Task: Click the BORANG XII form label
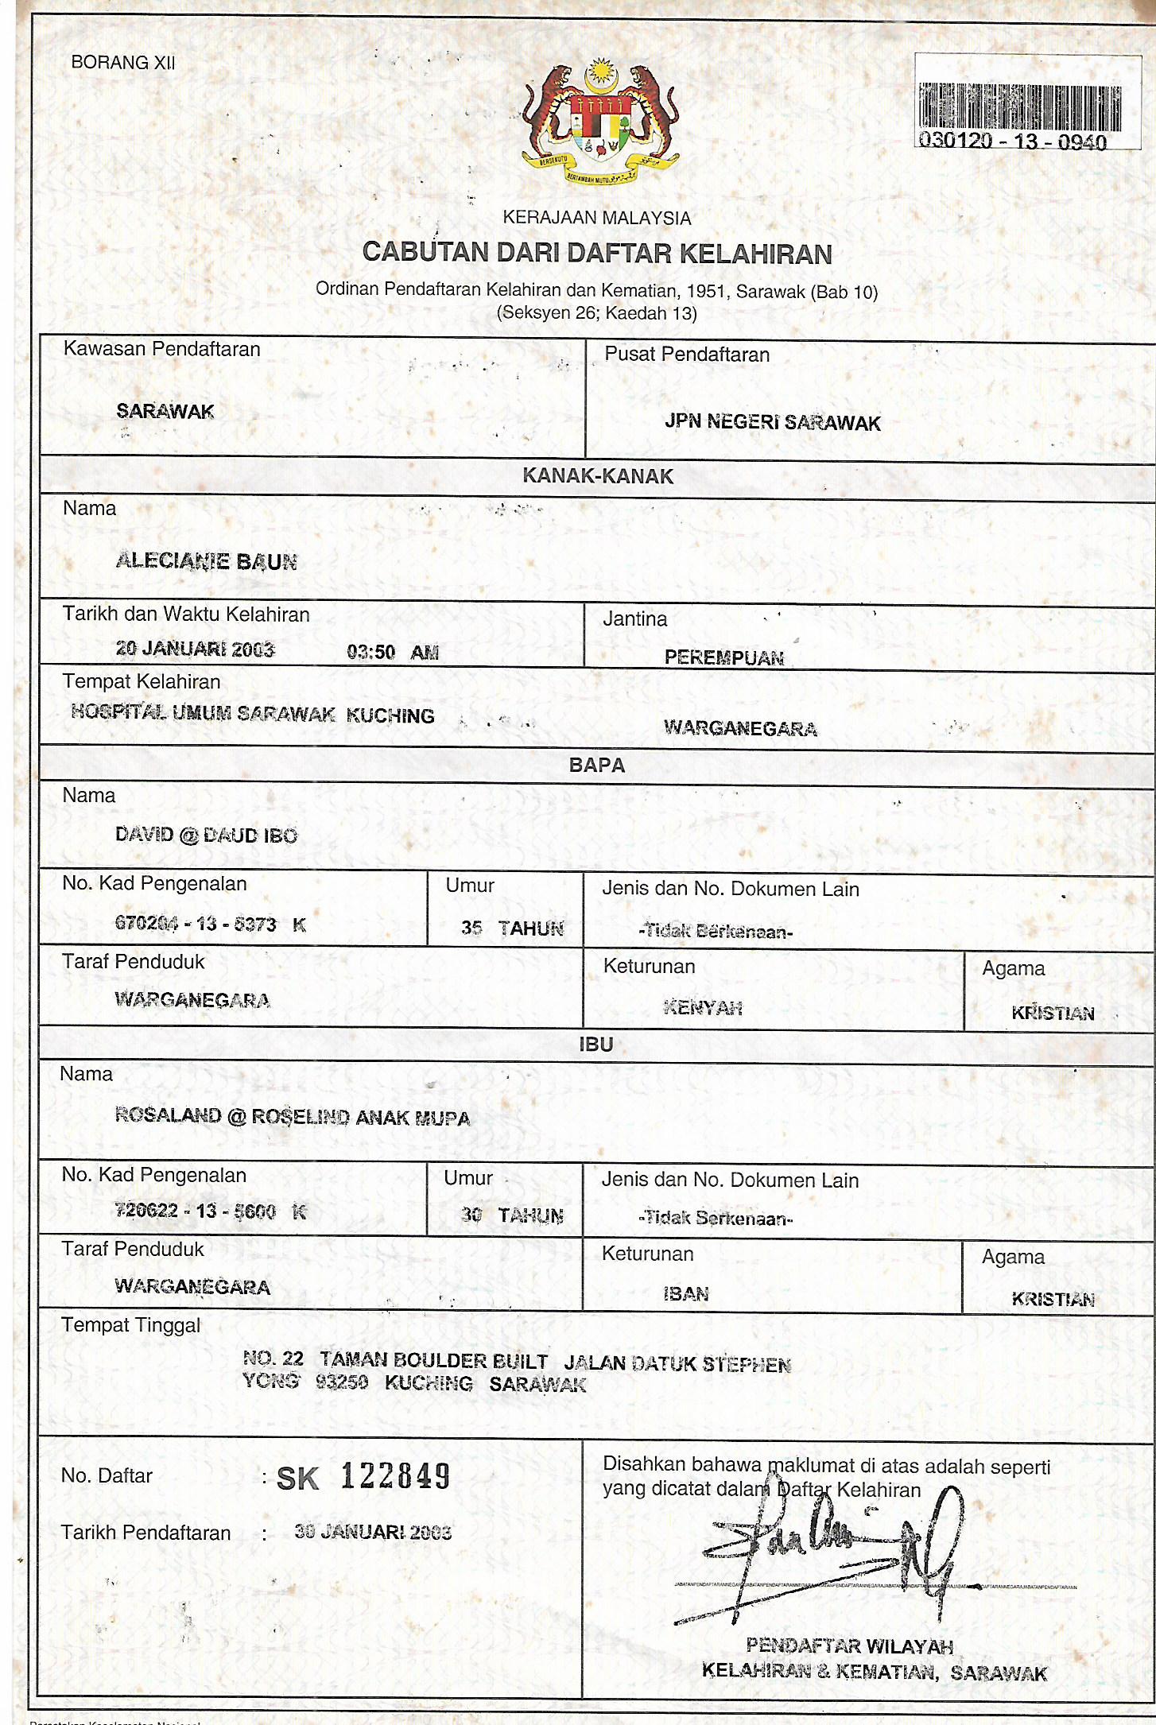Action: (x=123, y=63)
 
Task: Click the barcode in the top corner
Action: (x=1020, y=107)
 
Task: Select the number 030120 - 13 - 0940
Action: (x=1012, y=141)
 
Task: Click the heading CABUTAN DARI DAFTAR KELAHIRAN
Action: (x=597, y=253)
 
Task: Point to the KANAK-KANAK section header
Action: (x=598, y=476)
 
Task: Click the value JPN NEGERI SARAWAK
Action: (x=773, y=422)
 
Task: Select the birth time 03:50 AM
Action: (x=393, y=652)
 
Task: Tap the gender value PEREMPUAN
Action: (x=723, y=657)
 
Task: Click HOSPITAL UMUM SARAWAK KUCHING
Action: (x=253, y=714)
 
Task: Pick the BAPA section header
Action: (x=597, y=766)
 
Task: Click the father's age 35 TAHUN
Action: (x=512, y=928)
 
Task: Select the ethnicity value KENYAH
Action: (x=703, y=1008)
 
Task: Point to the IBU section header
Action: (x=596, y=1045)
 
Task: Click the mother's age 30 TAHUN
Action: (x=512, y=1215)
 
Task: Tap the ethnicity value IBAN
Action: (x=686, y=1294)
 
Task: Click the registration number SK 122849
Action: (x=363, y=1477)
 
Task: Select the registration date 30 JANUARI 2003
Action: (x=373, y=1532)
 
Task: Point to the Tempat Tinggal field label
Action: (x=131, y=1326)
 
